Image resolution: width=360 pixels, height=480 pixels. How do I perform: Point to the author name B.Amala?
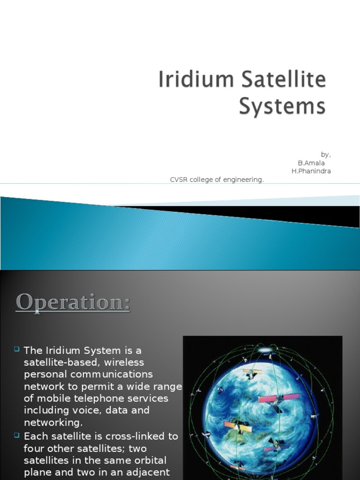pyautogui.click(x=311, y=163)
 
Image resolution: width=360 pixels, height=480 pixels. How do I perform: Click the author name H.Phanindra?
pyautogui.click(x=311, y=171)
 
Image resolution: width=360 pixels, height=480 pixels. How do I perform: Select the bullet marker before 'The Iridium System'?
pyautogui.click(x=17, y=349)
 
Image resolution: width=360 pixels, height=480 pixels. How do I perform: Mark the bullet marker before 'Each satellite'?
pyautogui.click(x=17, y=435)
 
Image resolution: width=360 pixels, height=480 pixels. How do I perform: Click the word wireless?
pyautogui.click(x=125, y=362)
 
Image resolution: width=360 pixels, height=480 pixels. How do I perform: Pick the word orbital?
pyautogui.click(x=146, y=460)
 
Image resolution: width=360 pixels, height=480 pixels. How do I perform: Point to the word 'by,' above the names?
pyautogui.click(x=326, y=154)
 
